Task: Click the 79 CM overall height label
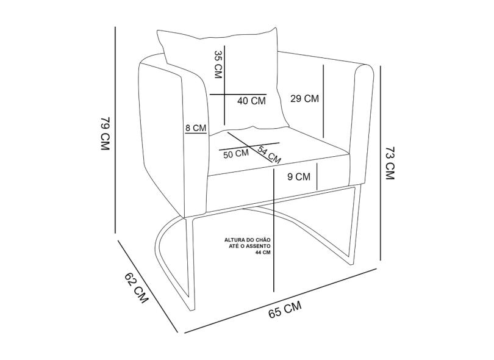[105, 134]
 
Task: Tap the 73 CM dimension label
[390, 163]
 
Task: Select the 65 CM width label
[285, 309]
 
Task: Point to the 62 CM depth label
[137, 287]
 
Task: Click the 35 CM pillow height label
[218, 64]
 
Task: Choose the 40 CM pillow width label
[251, 101]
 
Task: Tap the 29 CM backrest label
[305, 99]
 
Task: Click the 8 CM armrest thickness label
[196, 128]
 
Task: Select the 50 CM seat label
[236, 154]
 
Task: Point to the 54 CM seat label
[270, 154]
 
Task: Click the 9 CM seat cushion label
[299, 177]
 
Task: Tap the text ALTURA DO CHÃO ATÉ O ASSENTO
[248, 243]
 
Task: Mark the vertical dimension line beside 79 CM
[116, 130]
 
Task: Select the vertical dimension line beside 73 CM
[381, 163]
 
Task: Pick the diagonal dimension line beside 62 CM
[148, 286]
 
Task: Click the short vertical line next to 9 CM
[317, 177]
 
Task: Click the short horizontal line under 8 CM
[196, 134]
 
